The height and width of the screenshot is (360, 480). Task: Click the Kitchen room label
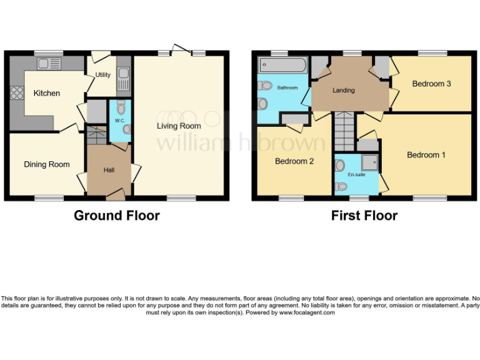47,93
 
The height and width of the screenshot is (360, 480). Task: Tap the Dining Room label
47,164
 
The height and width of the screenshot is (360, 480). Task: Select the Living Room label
179,126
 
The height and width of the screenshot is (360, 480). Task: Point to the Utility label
103,75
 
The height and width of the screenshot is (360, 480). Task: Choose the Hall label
109,169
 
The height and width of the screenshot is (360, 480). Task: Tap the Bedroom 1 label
426,154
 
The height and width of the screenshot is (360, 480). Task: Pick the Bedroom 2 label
294,161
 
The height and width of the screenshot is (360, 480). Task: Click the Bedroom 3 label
431,84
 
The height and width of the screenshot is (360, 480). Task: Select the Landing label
344,90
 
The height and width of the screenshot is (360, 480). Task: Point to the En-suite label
356,175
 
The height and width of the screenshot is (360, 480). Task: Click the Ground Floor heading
117,216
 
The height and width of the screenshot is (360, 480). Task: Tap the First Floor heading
364,216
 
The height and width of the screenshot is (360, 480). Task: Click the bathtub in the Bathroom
283,65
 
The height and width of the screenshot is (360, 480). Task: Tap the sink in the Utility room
123,80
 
